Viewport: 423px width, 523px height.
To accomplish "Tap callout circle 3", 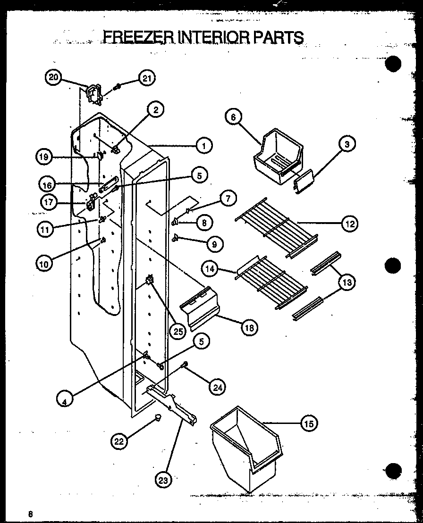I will click(347, 144).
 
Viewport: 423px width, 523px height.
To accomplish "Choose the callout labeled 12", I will click(350, 224).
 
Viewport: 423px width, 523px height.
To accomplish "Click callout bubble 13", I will click(347, 282).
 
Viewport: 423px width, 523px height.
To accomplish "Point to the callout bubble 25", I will click(178, 331).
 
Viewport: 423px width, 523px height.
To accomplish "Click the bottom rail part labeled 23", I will click(172, 403).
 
